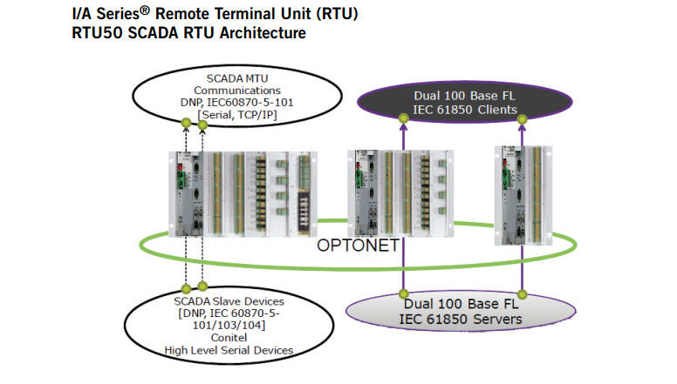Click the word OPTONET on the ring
tap(359, 246)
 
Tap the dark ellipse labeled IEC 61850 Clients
tap(465, 103)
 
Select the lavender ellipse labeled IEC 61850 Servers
tap(464, 313)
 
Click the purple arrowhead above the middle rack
tap(404, 127)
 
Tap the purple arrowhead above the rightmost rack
tap(523, 127)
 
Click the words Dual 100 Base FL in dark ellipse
tap(465, 96)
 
